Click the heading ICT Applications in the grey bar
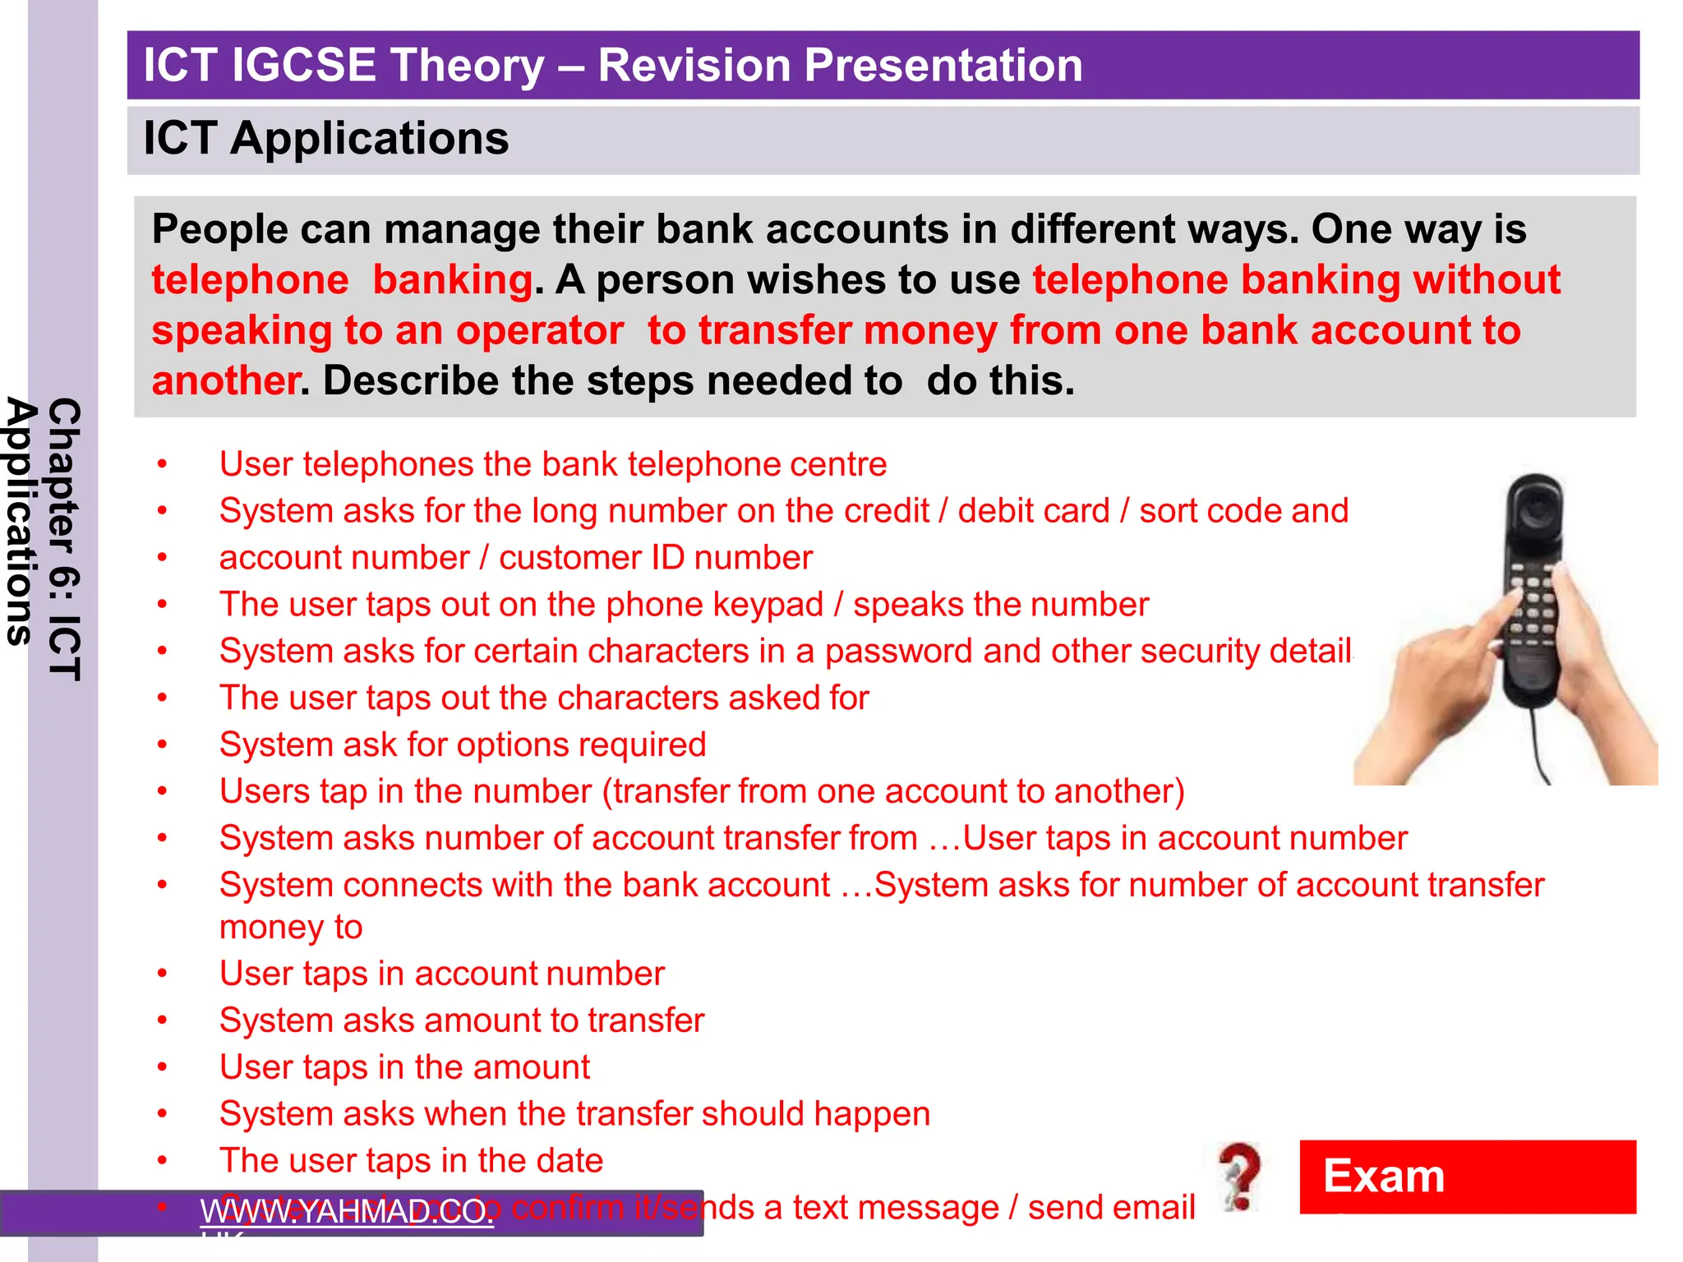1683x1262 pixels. tap(325, 138)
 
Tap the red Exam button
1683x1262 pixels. tap(1467, 1176)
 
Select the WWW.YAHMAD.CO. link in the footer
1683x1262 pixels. tap(347, 1211)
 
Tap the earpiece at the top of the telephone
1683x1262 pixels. tap(1533, 509)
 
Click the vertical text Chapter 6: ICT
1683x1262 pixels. tap(64, 538)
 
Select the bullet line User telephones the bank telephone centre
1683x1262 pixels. tap(552, 464)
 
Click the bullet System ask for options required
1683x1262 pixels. tap(462, 745)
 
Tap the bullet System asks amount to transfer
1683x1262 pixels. tap(461, 1020)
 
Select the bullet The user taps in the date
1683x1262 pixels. tap(411, 1161)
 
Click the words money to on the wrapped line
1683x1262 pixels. tap(291, 928)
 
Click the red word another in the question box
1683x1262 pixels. tap(224, 381)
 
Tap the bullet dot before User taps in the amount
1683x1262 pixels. tap(163, 1067)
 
